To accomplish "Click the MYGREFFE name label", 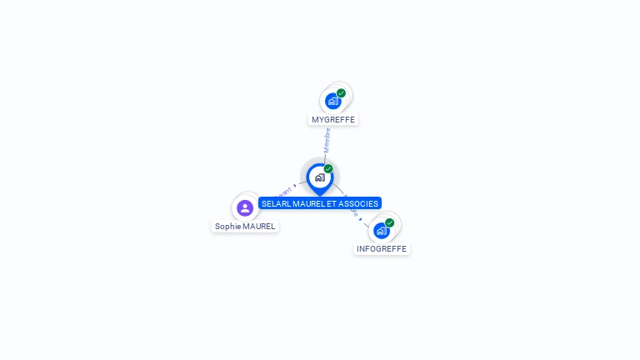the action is click(333, 119).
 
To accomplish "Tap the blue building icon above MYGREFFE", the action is click(333, 102).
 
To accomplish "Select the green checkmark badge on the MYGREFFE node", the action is click(342, 93).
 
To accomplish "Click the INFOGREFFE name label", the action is click(382, 248).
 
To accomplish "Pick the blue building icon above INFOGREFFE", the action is click(382, 231).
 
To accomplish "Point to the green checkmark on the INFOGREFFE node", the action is click(390, 222).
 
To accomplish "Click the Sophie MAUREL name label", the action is click(245, 226).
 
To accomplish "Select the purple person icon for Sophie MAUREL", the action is click(245, 207).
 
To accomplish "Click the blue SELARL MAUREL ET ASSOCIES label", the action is click(320, 203).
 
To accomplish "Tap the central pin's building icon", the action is click(319, 177).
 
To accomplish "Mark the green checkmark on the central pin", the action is click(328, 168).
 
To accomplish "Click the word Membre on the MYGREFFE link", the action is click(327, 140).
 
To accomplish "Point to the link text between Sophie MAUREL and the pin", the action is click(282, 194).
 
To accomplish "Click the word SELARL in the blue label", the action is click(276, 203).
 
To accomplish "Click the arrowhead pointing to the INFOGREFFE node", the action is click(361, 218).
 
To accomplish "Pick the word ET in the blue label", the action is click(332, 203).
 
